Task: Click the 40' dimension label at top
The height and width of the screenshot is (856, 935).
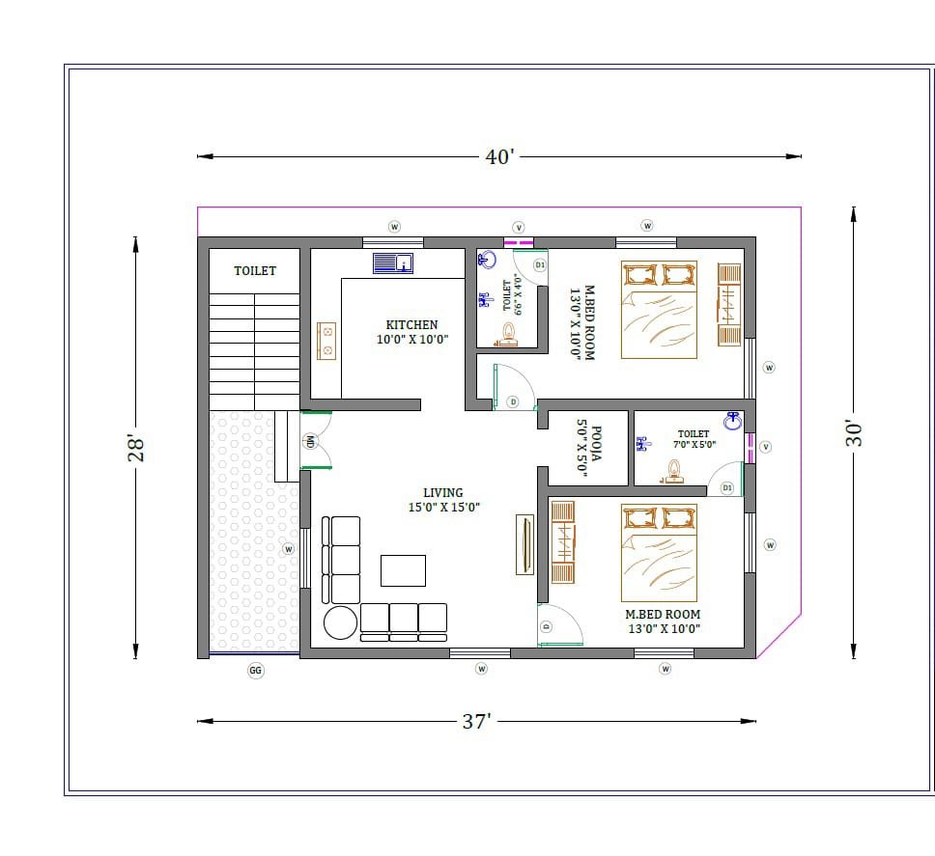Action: pyautogui.click(x=498, y=156)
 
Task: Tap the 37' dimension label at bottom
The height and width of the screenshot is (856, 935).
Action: pyautogui.click(x=476, y=721)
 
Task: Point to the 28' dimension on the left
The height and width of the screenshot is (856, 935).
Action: pyautogui.click(x=136, y=448)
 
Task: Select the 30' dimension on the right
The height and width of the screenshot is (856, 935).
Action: pyautogui.click(x=853, y=431)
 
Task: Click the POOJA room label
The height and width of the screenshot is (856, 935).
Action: pyautogui.click(x=589, y=444)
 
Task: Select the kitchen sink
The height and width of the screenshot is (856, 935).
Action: pyautogui.click(x=393, y=262)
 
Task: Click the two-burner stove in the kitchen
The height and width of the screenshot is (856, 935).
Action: pyautogui.click(x=327, y=341)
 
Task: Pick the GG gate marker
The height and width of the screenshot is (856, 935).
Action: pyautogui.click(x=256, y=670)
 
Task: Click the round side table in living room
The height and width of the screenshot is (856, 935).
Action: pyautogui.click(x=340, y=622)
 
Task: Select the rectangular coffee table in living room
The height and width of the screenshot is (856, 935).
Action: pyautogui.click(x=403, y=570)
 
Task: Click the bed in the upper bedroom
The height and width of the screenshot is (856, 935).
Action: pyautogui.click(x=659, y=310)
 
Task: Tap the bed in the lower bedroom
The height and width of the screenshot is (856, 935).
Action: pyautogui.click(x=659, y=551)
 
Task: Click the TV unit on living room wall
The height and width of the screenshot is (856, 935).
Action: pyautogui.click(x=525, y=544)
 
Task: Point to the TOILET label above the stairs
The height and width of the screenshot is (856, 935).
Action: pyautogui.click(x=255, y=271)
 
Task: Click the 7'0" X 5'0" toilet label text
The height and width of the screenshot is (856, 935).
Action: pyautogui.click(x=694, y=440)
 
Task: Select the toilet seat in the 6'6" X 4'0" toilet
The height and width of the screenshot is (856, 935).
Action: pyautogui.click(x=507, y=333)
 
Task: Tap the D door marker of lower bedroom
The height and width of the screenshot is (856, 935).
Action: pyautogui.click(x=547, y=626)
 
